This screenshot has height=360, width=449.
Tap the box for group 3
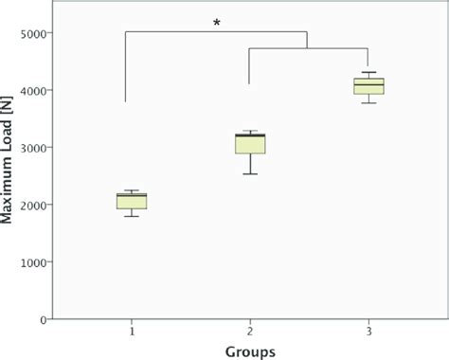point(368,86)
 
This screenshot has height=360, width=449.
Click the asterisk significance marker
point(217,21)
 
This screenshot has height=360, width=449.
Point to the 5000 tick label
point(36,34)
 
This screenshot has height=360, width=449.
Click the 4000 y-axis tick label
point(36,91)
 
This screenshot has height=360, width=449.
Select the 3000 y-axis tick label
point(36,148)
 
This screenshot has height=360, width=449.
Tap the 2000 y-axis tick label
point(36,206)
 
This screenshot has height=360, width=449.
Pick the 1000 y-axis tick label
point(36,262)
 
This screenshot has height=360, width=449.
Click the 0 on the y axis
point(45,319)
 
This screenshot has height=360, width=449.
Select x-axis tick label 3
point(368,332)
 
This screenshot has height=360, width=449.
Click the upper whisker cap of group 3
point(368,72)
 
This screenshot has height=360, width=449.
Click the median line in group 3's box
point(368,85)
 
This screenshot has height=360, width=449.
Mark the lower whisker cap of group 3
point(368,102)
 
